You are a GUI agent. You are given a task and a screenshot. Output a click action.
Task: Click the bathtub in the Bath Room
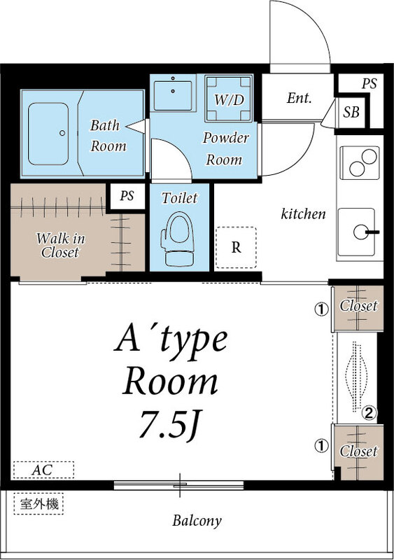point(48,134)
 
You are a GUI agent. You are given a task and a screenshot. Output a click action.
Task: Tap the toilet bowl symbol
point(178,238)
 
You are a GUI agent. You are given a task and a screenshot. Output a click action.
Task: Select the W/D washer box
point(229,99)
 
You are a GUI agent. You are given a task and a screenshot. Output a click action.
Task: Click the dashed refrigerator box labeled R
point(236,247)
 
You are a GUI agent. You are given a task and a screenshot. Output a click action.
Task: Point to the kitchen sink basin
point(356,232)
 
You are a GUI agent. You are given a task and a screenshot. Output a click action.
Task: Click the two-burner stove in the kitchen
point(360,163)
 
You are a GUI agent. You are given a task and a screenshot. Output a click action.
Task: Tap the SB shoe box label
point(351,113)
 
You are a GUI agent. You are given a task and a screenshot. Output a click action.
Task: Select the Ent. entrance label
point(299,98)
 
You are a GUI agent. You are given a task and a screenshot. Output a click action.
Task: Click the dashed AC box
point(43,470)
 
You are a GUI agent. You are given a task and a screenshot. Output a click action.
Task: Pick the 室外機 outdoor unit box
point(38,503)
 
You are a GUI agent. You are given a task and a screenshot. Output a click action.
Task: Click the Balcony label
point(197,521)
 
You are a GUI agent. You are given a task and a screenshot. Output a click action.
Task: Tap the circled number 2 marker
point(369,413)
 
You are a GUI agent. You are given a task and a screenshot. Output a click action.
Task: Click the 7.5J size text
point(170,424)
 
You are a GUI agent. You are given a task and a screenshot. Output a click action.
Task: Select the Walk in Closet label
point(60,245)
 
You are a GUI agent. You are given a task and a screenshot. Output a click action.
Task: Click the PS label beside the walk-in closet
point(127,196)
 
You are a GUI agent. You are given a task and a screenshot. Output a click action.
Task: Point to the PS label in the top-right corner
point(369,83)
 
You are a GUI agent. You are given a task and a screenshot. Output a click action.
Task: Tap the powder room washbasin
point(174,94)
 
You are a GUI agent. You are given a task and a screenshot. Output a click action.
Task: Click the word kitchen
point(303,213)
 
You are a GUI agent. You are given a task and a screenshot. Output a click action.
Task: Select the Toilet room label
point(179,197)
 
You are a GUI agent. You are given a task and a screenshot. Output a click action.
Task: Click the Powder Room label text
point(225,148)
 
